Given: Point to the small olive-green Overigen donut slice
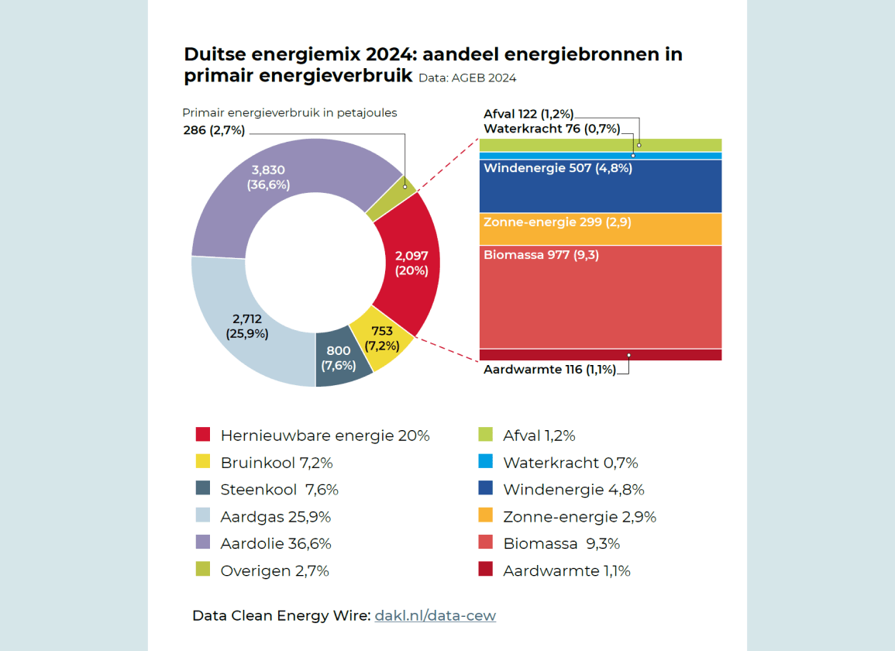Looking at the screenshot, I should click(x=392, y=200).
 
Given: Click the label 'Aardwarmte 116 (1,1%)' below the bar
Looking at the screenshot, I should click(x=549, y=370).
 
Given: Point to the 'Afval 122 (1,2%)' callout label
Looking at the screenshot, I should click(x=528, y=115).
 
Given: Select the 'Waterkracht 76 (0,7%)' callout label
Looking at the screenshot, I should click(x=552, y=129).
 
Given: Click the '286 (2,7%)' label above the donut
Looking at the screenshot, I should click(x=215, y=130).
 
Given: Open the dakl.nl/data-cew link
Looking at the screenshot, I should click(x=435, y=616).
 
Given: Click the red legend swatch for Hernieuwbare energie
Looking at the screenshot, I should click(x=203, y=436).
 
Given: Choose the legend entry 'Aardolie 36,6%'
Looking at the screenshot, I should click(x=276, y=544).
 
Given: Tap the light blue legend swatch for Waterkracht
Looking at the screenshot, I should click(x=486, y=463).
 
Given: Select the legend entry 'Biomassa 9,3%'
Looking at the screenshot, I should click(x=561, y=544).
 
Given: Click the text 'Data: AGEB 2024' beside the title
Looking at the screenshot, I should click(x=467, y=78).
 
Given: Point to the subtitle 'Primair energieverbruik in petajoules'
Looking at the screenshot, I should click(x=289, y=113).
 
